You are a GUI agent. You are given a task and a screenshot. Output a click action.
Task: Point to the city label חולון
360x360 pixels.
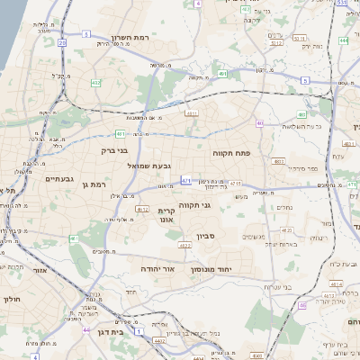(x=12, y=299)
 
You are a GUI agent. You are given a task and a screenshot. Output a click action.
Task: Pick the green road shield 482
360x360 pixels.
(x=95, y=83)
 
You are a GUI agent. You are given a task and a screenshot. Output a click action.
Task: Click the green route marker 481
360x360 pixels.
(x=119, y=133)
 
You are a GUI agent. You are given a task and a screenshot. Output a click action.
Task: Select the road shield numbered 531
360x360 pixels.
(x=342, y=4)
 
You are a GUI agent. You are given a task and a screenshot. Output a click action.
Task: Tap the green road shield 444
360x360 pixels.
(x=345, y=40)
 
